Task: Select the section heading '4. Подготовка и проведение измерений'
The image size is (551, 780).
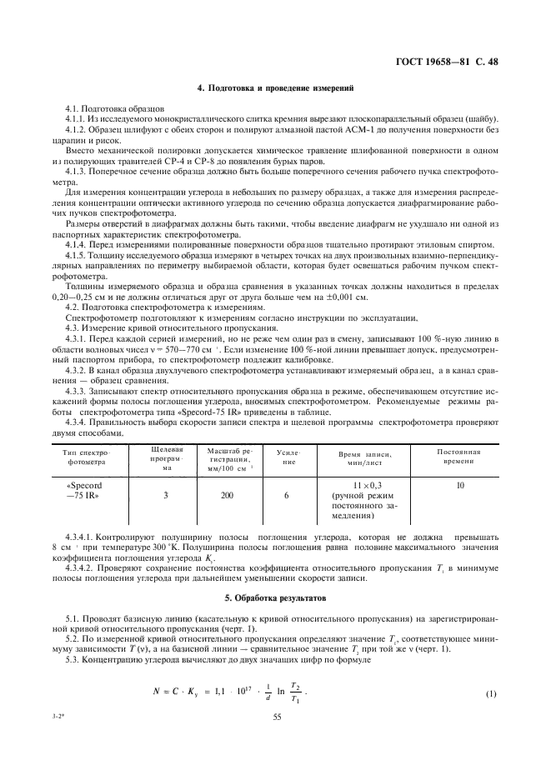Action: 275,87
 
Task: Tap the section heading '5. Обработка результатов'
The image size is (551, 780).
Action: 275,598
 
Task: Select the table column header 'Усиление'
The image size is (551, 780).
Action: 286,457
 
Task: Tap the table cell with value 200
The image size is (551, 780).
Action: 226,495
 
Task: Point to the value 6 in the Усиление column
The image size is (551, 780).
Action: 286,495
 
